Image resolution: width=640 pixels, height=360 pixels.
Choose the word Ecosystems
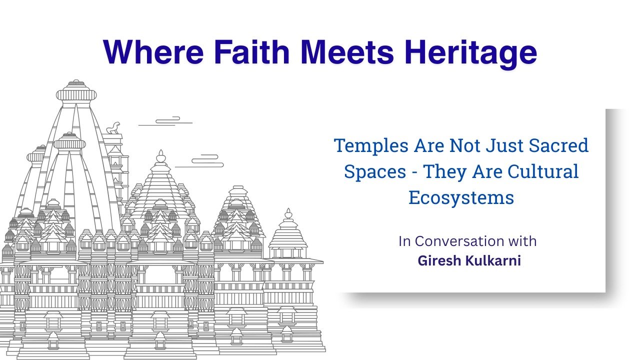tap(461, 198)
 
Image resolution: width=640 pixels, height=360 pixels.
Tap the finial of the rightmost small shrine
tap(287, 215)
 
